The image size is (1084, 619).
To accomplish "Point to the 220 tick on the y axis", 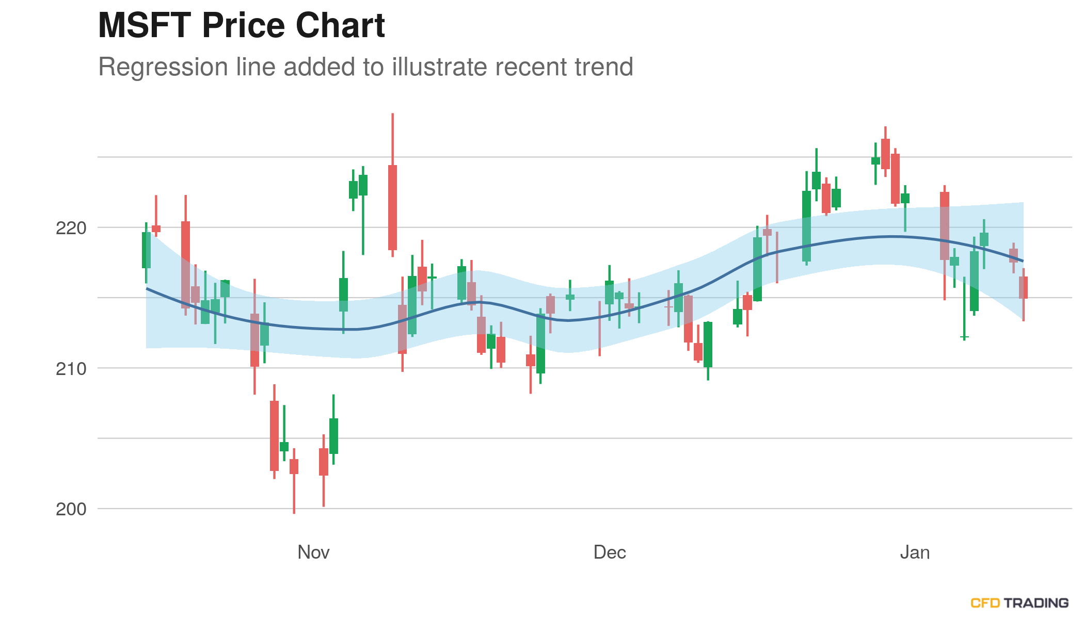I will click(x=71, y=228).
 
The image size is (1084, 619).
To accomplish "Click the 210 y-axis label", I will click(x=71, y=369).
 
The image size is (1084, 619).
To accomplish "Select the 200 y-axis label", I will click(x=71, y=509).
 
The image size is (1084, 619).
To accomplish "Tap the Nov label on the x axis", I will click(x=313, y=552).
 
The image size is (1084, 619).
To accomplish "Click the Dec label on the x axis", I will click(x=610, y=552).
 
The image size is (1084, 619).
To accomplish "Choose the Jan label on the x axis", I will click(x=915, y=552).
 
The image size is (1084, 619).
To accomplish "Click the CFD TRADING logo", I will click(x=1019, y=603).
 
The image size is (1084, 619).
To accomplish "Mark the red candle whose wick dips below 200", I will click(x=294, y=466).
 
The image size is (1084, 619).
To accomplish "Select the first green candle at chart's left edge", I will click(x=146, y=250).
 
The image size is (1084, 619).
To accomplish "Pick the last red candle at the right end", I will click(x=1023, y=287).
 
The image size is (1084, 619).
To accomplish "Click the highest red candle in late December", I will click(x=885, y=154).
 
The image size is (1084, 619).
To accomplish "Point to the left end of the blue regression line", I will click(x=147, y=288).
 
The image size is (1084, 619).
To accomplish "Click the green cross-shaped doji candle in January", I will click(x=964, y=337).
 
